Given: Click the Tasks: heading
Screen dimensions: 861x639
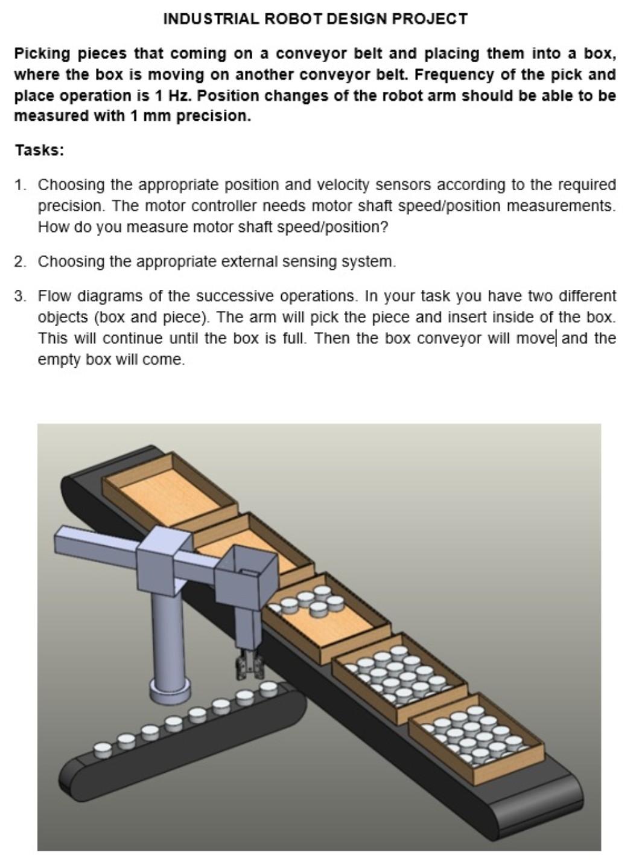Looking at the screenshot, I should pos(39,150).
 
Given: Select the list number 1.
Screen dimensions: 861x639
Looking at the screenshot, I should pos(20,185).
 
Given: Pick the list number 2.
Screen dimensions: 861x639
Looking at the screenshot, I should pos(20,262).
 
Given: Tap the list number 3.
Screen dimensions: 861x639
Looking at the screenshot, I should pos(20,296).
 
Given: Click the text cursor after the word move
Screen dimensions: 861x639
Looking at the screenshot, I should pos(556,338).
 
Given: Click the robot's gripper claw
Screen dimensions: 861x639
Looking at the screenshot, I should pos(249,664).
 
